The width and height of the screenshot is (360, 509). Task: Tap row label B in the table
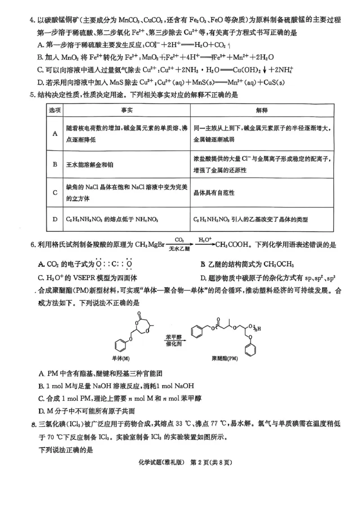(54, 164)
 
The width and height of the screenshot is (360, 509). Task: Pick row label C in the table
(54, 192)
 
